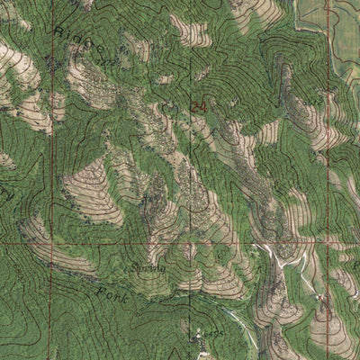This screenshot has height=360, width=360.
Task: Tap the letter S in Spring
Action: click(134, 266)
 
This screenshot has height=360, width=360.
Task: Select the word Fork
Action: click(112, 293)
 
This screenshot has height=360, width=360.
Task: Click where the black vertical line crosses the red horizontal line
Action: click(189, 243)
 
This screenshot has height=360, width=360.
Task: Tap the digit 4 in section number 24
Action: click(202, 106)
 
